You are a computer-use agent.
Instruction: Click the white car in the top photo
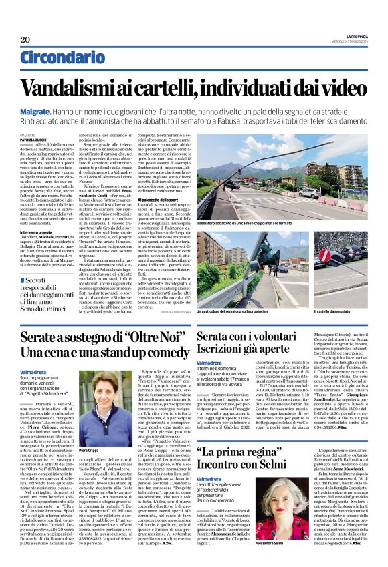point(309,194)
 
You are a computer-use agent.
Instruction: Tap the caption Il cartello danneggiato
point(332,311)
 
